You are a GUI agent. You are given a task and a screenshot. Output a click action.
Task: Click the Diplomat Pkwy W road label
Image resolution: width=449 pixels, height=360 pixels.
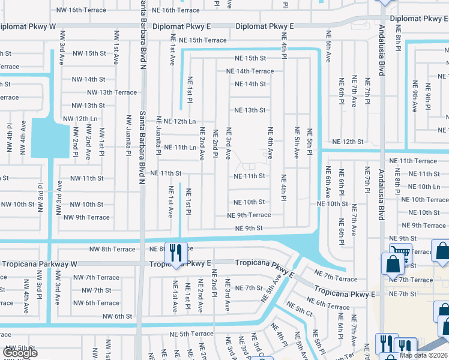tap(28, 27)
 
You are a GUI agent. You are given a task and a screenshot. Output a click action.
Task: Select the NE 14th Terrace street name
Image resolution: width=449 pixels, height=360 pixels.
tap(250, 71)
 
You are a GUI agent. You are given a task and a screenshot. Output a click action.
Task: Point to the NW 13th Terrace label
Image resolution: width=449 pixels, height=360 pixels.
tap(112, 92)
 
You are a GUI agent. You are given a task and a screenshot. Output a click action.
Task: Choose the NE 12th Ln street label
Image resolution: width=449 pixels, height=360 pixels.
tap(176, 121)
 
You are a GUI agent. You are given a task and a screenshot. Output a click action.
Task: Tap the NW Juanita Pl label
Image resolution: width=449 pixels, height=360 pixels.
tap(128, 136)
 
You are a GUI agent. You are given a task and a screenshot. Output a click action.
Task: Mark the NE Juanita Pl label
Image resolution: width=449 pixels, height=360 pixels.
tap(159, 136)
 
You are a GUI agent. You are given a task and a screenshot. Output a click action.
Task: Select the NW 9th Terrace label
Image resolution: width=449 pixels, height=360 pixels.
tap(86, 217)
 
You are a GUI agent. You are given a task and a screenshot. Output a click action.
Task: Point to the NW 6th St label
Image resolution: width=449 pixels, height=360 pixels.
tap(117, 316)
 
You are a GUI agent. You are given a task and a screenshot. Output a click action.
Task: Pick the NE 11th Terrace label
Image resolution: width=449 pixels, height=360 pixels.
tap(413, 161)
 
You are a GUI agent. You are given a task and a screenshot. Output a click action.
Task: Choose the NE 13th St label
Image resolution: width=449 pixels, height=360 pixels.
tap(249, 110)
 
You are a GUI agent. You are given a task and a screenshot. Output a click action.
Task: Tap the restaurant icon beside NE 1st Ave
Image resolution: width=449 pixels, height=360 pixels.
tap(175, 253)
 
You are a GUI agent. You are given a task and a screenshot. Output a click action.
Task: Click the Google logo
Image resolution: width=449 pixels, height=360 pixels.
tap(19, 353)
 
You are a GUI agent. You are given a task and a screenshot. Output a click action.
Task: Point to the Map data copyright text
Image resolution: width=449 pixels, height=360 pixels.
tap(424, 355)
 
